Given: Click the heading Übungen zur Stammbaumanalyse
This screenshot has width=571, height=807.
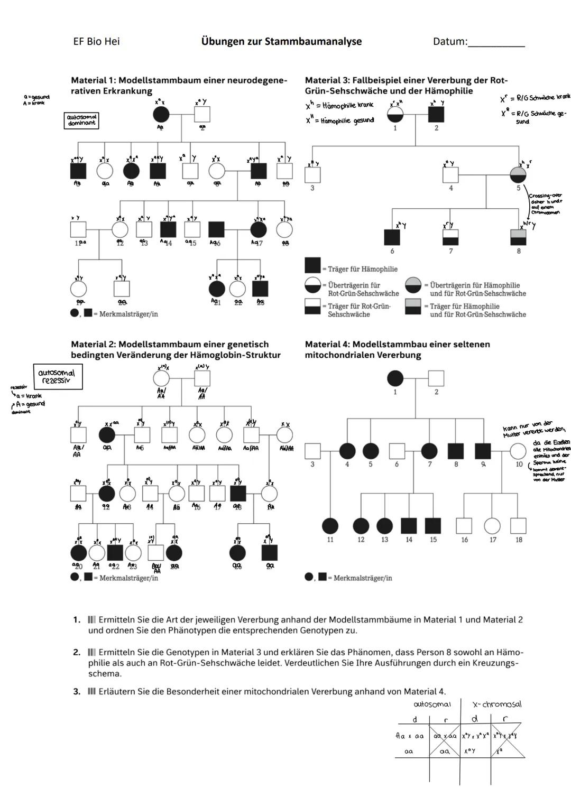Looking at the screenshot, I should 281,41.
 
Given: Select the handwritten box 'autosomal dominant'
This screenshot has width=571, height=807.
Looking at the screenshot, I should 81,120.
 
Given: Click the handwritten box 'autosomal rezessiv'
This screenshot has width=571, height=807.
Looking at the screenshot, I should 58,376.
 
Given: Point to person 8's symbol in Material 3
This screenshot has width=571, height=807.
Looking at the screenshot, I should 518,237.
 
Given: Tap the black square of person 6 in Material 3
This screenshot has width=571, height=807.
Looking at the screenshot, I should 392,237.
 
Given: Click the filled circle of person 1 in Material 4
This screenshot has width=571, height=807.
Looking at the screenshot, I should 395,378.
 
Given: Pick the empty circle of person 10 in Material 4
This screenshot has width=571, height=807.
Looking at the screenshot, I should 518,451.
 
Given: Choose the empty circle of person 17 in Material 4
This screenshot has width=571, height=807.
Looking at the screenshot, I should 492,526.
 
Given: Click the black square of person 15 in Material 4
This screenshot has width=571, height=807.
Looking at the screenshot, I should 433,526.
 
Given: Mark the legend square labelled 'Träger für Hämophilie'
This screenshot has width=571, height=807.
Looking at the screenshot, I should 312,265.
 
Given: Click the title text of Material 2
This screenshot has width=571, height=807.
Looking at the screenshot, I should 176,349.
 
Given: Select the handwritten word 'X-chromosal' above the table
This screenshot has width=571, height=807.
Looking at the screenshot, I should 496,704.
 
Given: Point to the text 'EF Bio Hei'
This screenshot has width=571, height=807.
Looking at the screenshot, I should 96,41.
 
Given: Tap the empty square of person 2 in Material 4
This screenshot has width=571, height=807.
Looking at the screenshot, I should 436,378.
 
